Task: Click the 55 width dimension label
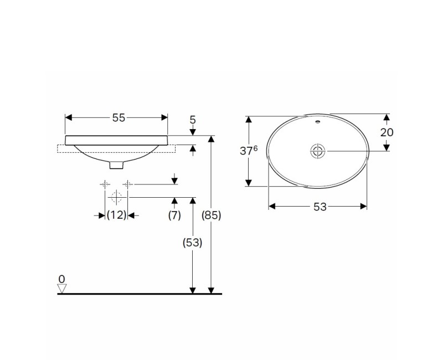pyautogui.click(x=119, y=117)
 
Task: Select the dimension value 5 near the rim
pyautogui.click(x=193, y=119)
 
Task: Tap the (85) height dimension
pyautogui.click(x=212, y=215)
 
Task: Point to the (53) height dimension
pyautogui.click(x=193, y=242)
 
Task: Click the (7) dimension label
pyautogui.click(x=174, y=215)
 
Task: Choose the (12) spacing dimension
pyautogui.click(x=117, y=215)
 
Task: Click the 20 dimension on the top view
pyautogui.click(x=387, y=132)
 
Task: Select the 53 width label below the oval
pyautogui.click(x=320, y=207)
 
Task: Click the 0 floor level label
pyautogui.click(x=62, y=278)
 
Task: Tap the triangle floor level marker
pyautogui.click(x=62, y=288)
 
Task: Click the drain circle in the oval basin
pyautogui.click(x=317, y=151)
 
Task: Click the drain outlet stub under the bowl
pyautogui.click(x=117, y=164)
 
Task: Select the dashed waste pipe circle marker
pyautogui.click(x=116, y=197)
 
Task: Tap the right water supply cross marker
pyautogui.click(x=128, y=184)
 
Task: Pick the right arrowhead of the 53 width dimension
pyautogui.click(x=364, y=207)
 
